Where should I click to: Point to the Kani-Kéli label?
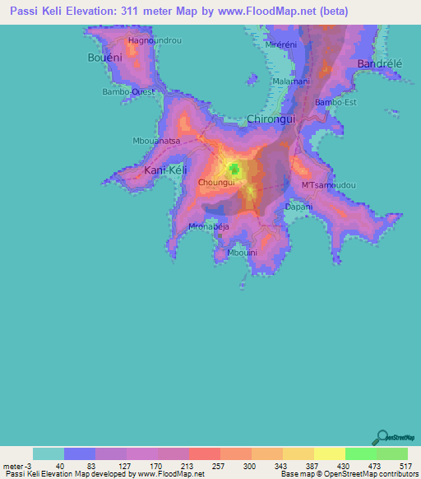[167, 170]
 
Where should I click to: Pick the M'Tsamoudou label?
[329, 185]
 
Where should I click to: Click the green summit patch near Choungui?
[234, 170]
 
